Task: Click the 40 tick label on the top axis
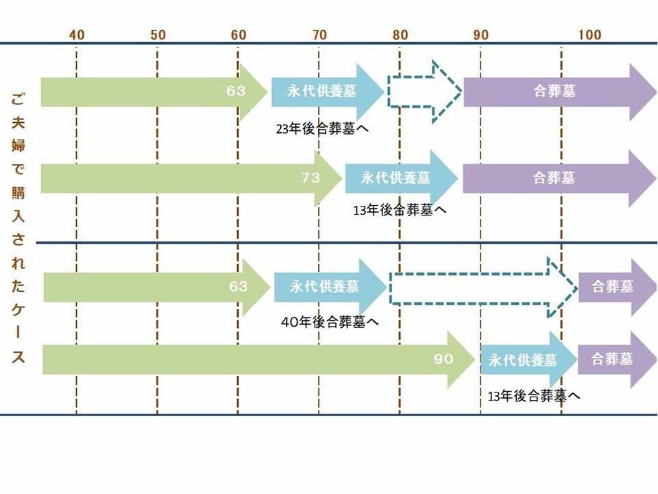(x=77, y=35)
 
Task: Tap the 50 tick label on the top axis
(x=158, y=35)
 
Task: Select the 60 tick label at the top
(x=239, y=35)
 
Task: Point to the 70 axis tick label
(x=319, y=35)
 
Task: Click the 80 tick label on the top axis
(x=400, y=35)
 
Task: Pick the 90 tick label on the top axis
(x=480, y=35)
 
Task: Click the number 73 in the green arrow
(x=310, y=178)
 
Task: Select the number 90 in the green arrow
(x=443, y=359)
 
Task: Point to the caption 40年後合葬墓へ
(x=330, y=321)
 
